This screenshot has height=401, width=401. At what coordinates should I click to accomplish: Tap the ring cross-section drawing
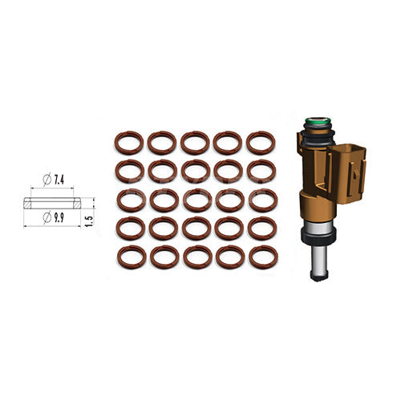(x=52, y=203)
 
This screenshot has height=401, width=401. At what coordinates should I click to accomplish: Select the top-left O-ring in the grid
(x=129, y=143)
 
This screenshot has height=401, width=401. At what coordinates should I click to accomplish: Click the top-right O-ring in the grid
(x=261, y=143)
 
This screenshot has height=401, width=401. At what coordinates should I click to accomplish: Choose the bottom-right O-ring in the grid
(x=262, y=257)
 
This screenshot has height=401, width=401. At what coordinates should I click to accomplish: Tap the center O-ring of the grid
(x=195, y=200)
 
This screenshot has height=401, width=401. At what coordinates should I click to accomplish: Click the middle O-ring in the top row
(x=195, y=143)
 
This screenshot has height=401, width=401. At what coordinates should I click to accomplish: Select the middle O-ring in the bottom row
(x=196, y=257)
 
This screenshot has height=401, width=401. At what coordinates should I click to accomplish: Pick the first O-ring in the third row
(x=130, y=200)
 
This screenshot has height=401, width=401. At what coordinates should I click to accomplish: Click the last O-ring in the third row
(x=261, y=200)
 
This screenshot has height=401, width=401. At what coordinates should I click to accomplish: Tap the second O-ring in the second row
(x=162, y=171)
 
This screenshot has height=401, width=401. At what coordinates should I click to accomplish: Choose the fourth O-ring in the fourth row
(x=229, y=229)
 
